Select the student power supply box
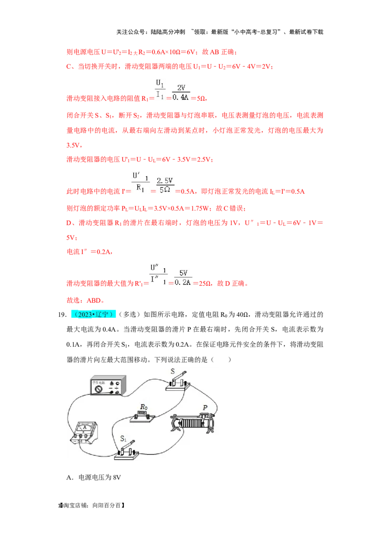109,385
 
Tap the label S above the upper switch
172,371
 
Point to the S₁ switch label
123,438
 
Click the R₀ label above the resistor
143,407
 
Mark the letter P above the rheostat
205,408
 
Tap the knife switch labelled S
177,383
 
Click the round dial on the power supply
99,389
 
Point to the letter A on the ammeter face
85,427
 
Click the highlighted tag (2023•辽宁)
93,315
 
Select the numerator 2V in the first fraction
181,88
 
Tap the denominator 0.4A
181,98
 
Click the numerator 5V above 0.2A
181,273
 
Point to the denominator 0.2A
181,283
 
